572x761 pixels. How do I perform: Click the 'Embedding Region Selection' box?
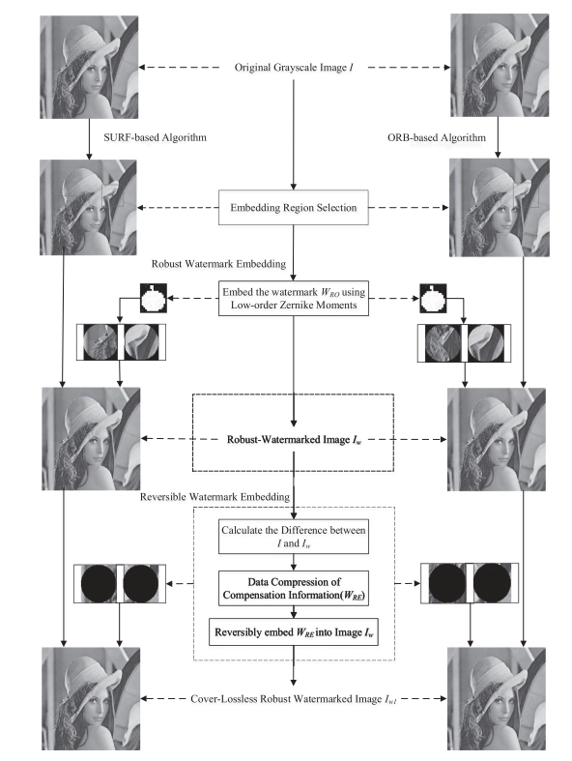click(x=293, y=207)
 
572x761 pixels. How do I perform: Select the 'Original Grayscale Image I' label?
click(x=294, y=68)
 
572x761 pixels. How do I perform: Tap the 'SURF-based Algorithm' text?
click(x=155, y=137)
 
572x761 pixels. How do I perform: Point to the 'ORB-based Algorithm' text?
click(x=436, y=138)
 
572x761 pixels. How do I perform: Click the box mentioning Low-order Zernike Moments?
click(x=293, y=298)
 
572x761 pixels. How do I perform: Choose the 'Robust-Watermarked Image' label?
click(x=294, y=440)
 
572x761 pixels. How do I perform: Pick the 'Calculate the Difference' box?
click(x=293, y=537)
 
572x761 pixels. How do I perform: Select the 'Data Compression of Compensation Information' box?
click(x=293, y=588)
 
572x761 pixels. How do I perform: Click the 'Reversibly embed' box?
click(x=293, y=631)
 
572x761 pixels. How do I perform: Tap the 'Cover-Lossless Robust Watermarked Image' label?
click(x=293, y=699)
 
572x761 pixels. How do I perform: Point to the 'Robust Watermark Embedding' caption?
click(x=218, y=264)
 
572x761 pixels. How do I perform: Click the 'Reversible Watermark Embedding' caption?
click(x=214, y=497)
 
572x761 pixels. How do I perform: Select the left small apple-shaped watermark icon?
click(x=154, y=298)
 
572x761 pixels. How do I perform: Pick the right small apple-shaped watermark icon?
click(x=433, y=299)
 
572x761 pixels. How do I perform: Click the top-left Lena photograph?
click(x=89, y=67)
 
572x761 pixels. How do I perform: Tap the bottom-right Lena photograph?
click(x=496, y=699)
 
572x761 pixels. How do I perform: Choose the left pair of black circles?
click(x=120, y=583)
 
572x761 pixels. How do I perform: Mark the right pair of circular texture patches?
click(x=465, y=343)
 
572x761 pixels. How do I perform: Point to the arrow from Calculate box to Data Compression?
click(x=293, y=563)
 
